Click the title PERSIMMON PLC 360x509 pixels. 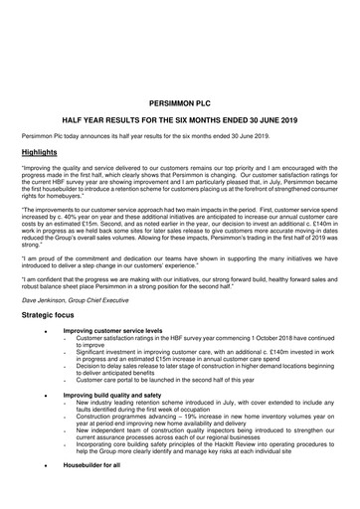(180, 101)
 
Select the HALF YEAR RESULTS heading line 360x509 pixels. (180, 119)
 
